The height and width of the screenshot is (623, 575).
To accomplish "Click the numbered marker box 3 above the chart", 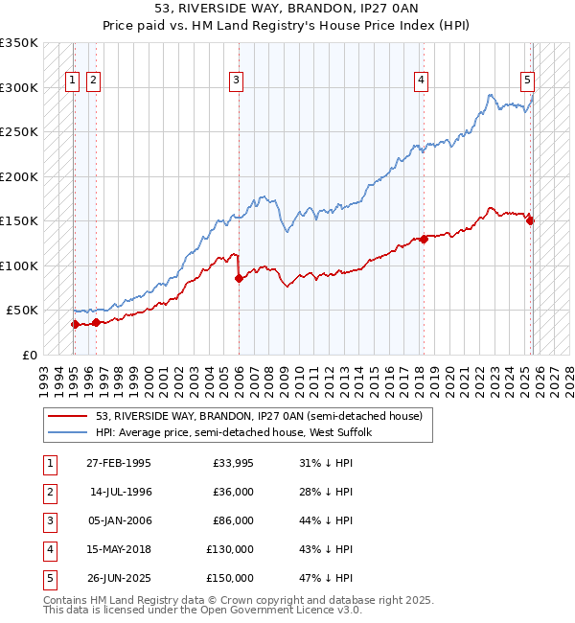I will (x=236, y=81).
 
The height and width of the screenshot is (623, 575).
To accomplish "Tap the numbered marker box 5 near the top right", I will (x=528, y=81).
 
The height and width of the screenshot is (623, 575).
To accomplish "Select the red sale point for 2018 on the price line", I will (x=424, y=239).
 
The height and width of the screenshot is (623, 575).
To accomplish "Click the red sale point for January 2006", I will (x=239, y=279).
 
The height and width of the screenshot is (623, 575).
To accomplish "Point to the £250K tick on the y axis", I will (x=20, y=132).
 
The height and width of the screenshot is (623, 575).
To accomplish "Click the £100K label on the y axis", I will (x=20, y=265).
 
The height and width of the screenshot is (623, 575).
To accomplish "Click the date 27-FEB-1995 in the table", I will (x=118, y=463).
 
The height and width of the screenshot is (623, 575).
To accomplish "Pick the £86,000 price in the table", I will (x=233, y=520).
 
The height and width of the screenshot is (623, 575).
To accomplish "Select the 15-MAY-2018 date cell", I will (x=118, y=549).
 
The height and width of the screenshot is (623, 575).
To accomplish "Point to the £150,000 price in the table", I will (x=230, y=578).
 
